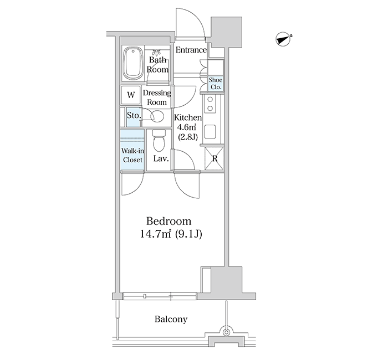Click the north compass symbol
click(x=283, y=39)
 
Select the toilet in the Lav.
click(x=159, y=141)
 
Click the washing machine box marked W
click(x=131, y=95)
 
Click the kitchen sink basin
click(x=210, y=132)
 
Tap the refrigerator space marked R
click(x=215, y=158)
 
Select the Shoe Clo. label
click(x=216, y=83)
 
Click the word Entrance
click(x=191, y=50)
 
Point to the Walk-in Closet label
click(x=132, y=155)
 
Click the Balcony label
click(x=171, y=319)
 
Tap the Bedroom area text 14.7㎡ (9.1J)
click(x=171, y=234)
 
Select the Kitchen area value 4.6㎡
click(x=187, y=127)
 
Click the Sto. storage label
click(x=134, y=115)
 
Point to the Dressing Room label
click(x=157, y=97)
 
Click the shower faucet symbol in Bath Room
click(x=156, y=52)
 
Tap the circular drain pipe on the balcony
click(x=226, y=332)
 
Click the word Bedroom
click(x=169, y=221)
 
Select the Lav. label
click(x=161, y=158)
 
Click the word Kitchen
click(x=188, y=117)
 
